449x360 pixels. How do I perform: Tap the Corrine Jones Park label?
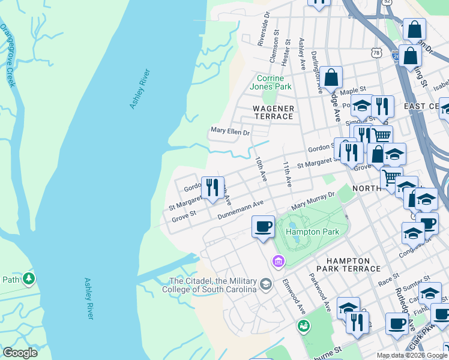pos(274,82)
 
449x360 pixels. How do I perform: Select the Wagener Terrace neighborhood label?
pos(273,112)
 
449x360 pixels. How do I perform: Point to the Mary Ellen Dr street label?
pos(229,130)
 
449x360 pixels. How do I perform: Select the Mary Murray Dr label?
pos(312,201)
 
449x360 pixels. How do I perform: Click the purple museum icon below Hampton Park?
pos(278,261)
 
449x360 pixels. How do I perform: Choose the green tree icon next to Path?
pos(28,279)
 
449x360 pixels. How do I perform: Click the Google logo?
pos(20,353)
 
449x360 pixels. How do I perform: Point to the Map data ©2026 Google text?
pos(411,355)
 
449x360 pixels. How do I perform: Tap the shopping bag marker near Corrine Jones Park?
pos(331,77)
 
